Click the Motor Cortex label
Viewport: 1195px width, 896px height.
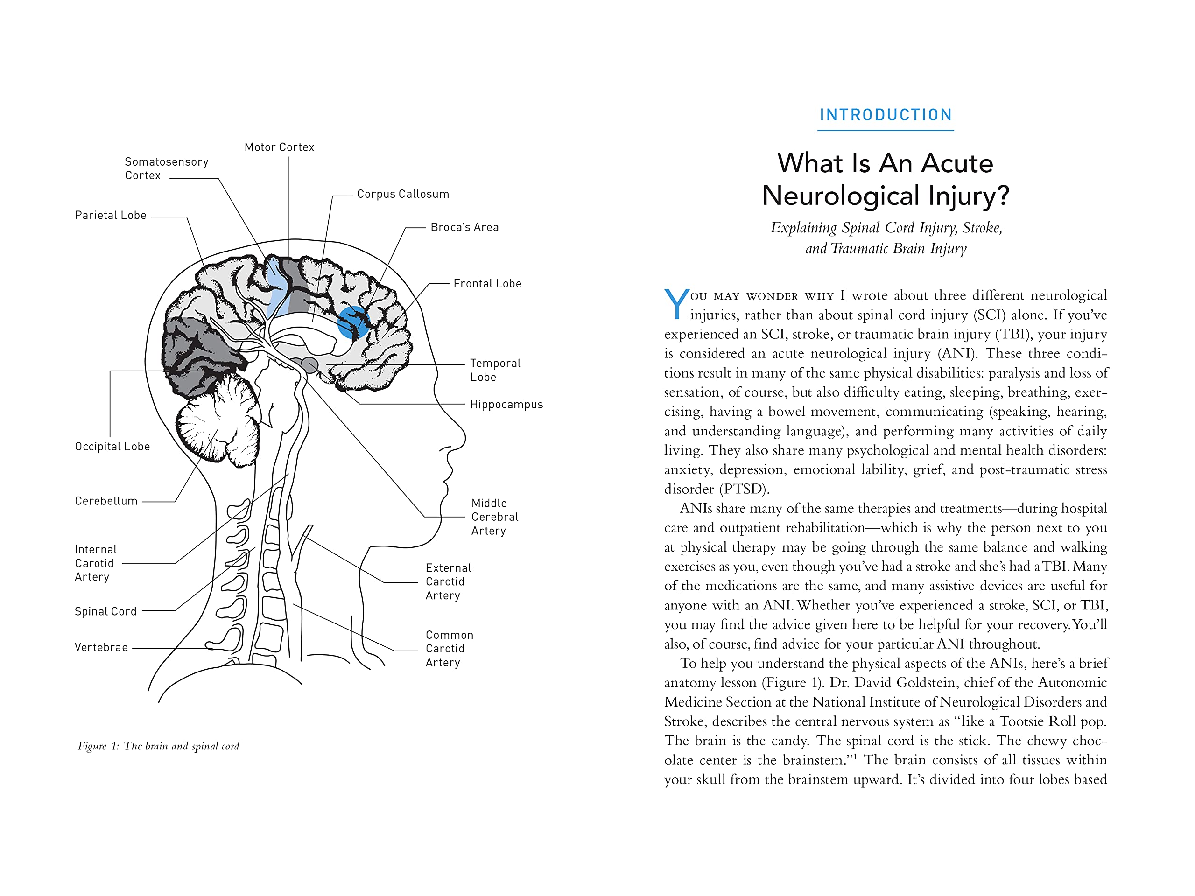pos(279,147)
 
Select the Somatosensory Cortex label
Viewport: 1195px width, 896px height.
pos(166,168)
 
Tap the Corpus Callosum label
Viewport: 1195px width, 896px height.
pos(402,194)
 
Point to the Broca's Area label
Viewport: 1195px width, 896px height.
pos(464,227)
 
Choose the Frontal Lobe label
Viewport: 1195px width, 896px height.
pos(487,284)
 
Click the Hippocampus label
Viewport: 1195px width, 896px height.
pos(506,405)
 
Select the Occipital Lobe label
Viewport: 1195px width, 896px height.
pos(112,447)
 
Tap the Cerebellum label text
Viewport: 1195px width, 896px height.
pos(106,501)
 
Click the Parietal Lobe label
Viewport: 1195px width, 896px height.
pos(110,216)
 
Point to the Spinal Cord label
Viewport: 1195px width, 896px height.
pos(105,611)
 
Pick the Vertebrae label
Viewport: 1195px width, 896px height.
pos(101,647)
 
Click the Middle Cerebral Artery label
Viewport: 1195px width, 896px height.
pos(494,517)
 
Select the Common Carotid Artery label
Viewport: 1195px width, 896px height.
pos(449,649)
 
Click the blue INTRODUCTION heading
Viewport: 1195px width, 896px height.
pos(886,115)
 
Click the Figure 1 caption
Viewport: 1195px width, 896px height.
pos(158,746)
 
